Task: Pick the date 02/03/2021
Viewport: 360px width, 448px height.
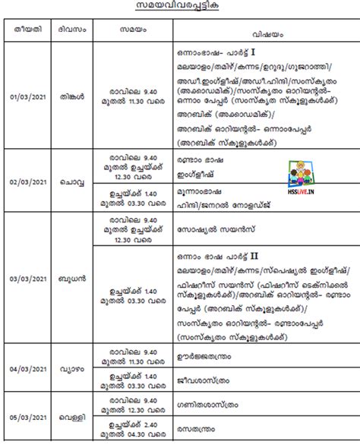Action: [25, 182]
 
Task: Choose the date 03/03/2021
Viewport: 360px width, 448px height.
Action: [25, 279]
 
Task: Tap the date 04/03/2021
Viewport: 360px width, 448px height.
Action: [25, 368]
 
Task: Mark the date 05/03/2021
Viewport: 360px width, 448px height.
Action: [25, 417]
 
